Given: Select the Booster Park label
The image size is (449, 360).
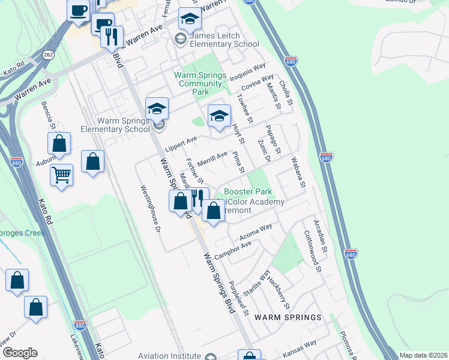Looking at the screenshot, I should (x=248, y=191).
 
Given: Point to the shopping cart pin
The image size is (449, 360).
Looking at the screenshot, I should (x=61, y=175).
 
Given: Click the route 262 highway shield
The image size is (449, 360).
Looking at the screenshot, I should (x=48, y=55).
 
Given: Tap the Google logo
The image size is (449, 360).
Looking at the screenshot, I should (x=20, y=353).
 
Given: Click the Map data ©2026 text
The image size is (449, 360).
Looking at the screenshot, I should (x=423, y=355).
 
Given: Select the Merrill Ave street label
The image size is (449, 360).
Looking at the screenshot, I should (x=212, y=158).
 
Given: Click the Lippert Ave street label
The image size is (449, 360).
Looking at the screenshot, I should (x=181, y=143).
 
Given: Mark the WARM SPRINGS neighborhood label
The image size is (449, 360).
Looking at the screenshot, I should (x=288, y=317).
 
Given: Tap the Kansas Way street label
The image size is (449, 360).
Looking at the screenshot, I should (x=300, y=349).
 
